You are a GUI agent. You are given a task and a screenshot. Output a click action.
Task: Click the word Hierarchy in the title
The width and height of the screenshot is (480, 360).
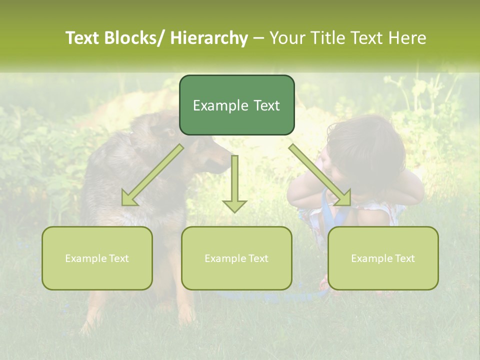(x=209, y=38)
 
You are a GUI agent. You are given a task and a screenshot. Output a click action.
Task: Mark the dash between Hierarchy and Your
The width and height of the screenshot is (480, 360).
(x=258, y=39)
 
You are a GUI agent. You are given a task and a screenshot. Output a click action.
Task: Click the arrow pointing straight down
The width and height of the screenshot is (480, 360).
(x=234, y=185)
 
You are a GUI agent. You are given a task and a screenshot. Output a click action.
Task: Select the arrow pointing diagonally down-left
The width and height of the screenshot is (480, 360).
(x=152, y=175)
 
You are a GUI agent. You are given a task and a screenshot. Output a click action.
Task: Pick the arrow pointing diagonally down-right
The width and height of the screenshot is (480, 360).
(x=320, y=175)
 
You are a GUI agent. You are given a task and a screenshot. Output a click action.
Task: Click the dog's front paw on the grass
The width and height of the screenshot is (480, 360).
(x=187, y=317)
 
